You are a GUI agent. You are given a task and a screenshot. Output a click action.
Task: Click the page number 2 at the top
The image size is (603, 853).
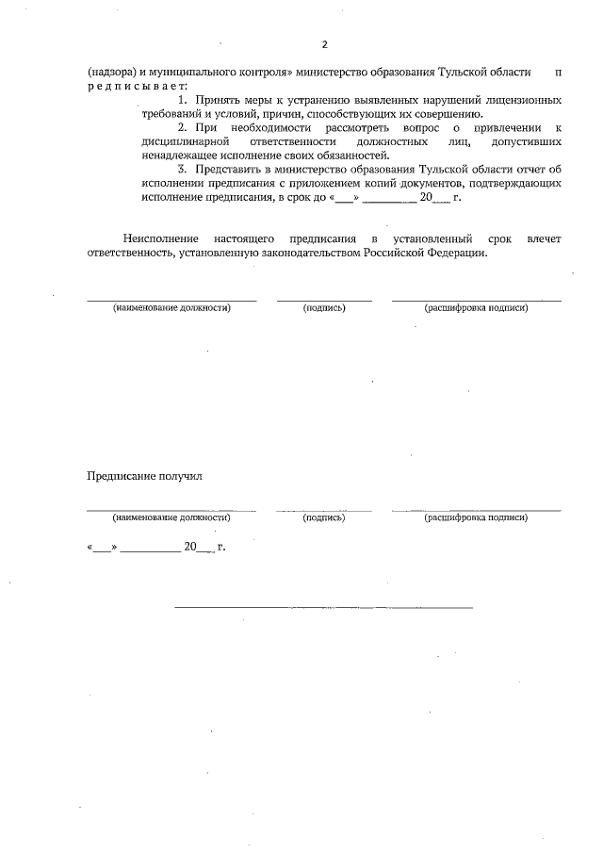click(x=324, y=44)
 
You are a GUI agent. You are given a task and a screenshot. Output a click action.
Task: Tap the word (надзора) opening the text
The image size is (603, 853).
click(x=113, y=73)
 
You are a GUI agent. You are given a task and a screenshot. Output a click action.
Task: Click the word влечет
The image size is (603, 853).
click(x=546, y=240)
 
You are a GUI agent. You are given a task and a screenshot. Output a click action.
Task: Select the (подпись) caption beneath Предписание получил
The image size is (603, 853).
click(x=324, y=517)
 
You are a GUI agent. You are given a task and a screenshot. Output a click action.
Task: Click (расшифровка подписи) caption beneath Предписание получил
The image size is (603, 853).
click(x=476, y=517)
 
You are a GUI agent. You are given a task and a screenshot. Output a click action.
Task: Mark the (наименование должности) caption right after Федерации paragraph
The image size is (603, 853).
click(x=171, y=308)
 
